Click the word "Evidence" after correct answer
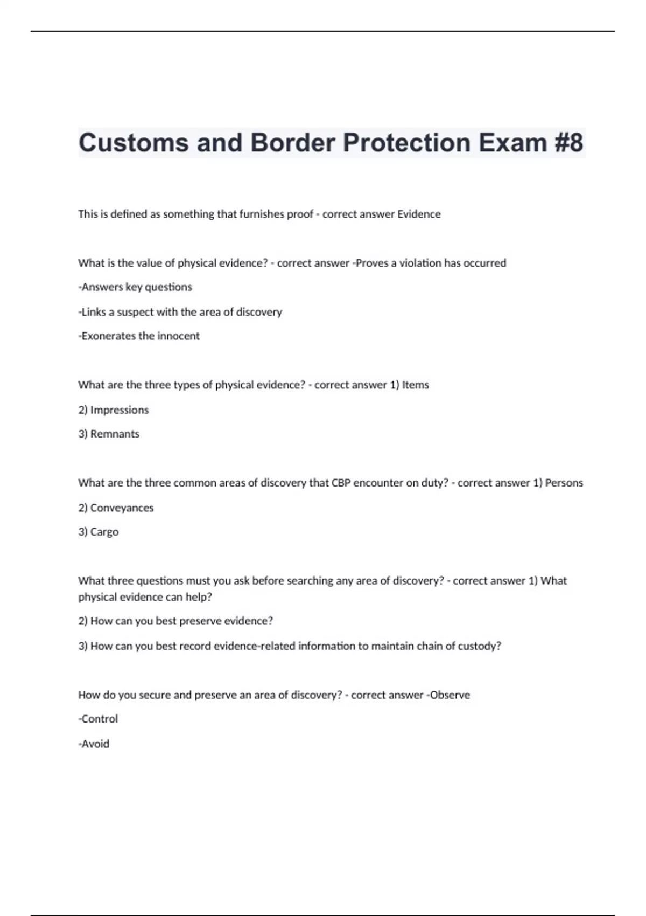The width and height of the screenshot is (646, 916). click(419, 214)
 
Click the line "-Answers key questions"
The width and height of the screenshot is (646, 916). click(135, 287)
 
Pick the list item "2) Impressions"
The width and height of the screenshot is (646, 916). click(114, 410)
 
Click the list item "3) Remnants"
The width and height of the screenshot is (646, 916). click(109, 434)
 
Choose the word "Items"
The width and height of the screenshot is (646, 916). click(416, 385)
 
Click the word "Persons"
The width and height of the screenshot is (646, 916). click(564, 483)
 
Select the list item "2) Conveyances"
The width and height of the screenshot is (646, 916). click(116, 508)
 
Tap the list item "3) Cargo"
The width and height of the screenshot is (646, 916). click(99, 532)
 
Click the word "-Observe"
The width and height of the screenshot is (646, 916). click(448, 695)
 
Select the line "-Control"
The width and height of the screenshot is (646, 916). click(98, 719)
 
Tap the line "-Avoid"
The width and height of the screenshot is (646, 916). click(94, 744)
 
